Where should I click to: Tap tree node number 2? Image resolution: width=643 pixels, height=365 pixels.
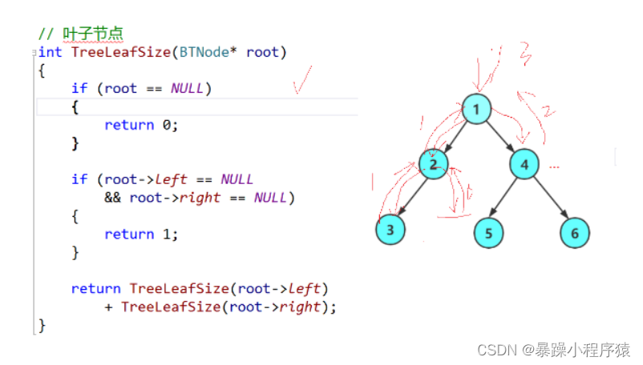click(432, 164)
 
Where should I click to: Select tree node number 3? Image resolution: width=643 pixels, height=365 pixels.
click(390, 230)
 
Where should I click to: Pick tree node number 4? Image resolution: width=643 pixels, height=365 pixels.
click(524, 165)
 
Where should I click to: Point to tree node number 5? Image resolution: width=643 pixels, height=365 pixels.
click(488, 233)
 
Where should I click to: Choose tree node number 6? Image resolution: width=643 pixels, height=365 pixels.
click(574, 233)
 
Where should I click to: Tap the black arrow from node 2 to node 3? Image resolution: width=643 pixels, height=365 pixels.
click(411, 196)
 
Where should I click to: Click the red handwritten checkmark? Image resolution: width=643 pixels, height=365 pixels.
click(301, 80)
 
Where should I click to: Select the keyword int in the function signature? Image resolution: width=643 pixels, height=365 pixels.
click(51, 53)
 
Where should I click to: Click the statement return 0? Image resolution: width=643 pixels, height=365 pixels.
click(140, 125)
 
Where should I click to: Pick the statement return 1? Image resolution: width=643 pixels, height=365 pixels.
click(140, 235)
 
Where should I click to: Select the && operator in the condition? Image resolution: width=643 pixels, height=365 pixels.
click(112, 197)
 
